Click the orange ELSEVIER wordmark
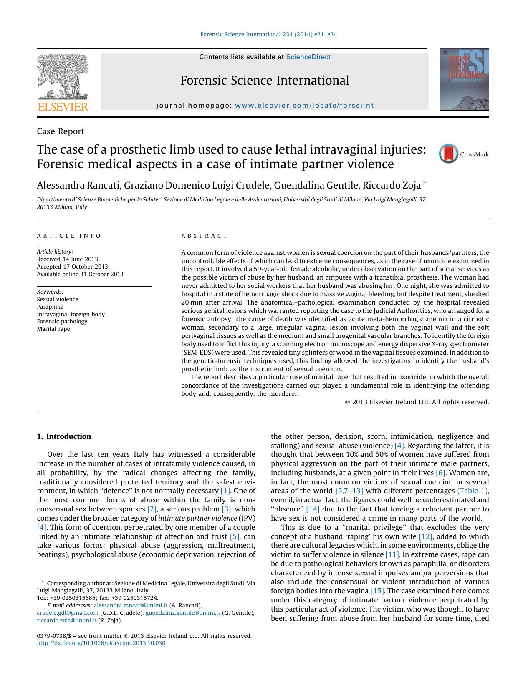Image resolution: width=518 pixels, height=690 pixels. (x=63, y=107)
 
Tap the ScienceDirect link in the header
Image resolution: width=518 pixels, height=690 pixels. (x=308, y=57)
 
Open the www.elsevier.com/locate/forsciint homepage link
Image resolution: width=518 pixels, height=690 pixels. (x=304, y=106)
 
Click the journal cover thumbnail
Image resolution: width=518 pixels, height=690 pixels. (x=464, y=79)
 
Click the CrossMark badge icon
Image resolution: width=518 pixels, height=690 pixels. (x=449, y=154)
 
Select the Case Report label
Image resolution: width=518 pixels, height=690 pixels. (x=61, y=131)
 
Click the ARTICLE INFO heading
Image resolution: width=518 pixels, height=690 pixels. (x=69, y=236)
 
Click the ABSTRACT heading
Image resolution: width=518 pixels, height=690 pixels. (x=204, y=236)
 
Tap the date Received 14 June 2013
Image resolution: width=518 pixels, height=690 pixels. (x=67, y=259)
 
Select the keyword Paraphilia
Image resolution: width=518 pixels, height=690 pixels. (x=50, y=307)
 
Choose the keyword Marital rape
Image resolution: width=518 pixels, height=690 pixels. (x=53, y=329)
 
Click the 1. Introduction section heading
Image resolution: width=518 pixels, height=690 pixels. (x=64, y=436)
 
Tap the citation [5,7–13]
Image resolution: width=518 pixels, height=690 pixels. (x=349, y=491)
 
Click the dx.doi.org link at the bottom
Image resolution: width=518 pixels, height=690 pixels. (x=101, y=643)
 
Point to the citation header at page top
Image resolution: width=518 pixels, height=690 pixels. (x=268, y=34)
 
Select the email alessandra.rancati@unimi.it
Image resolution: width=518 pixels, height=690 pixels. (x=131, y=605)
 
